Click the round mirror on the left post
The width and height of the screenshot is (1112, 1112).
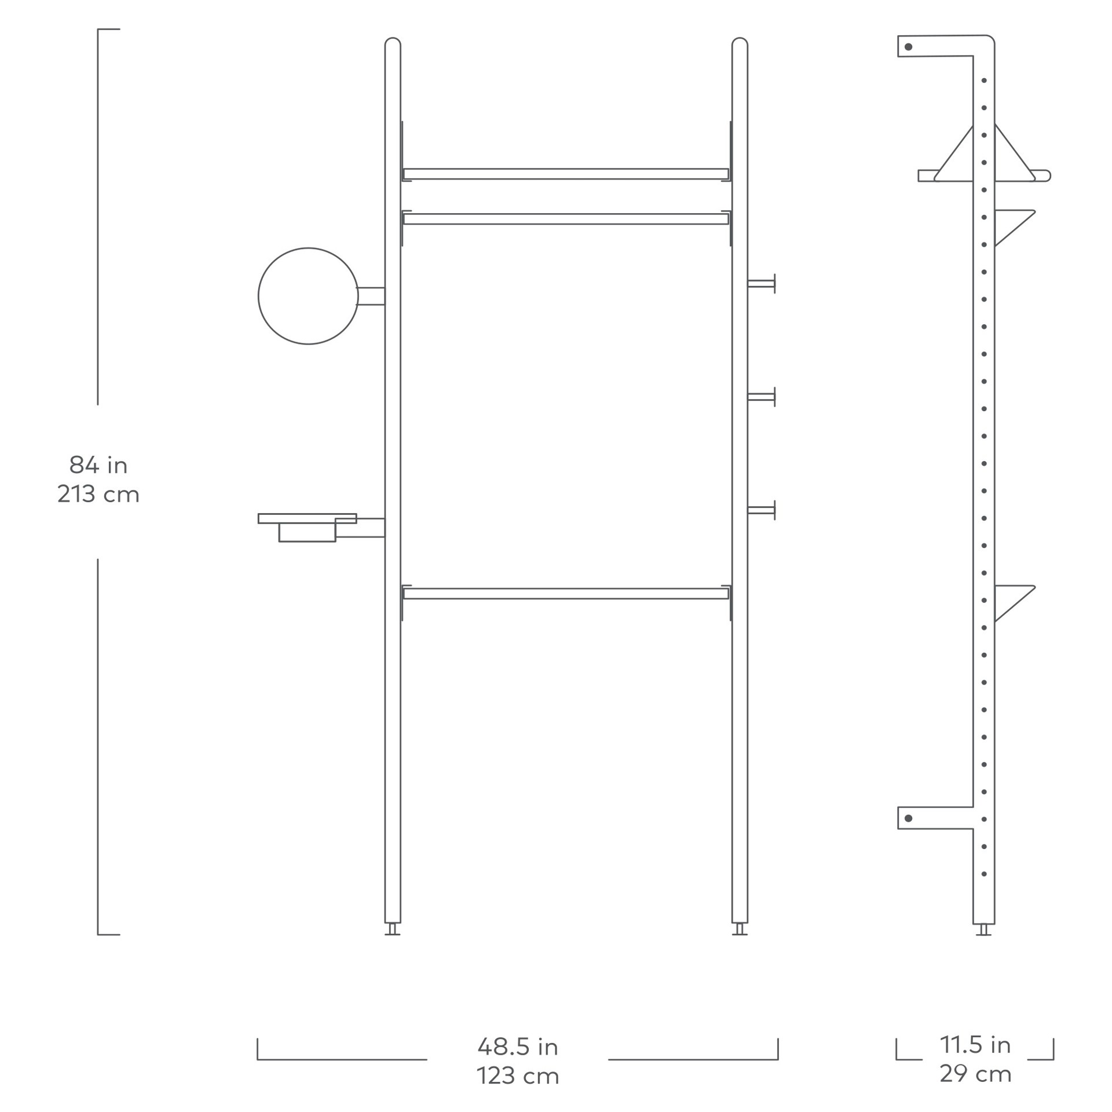point(308,296)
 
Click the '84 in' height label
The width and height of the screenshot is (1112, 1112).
point(98,464)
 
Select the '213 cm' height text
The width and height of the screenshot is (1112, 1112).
point(98,494)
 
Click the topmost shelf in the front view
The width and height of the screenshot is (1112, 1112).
point(565,174)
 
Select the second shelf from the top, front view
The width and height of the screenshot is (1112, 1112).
point(565,219)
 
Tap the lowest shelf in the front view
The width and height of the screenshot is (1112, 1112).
point(565,594)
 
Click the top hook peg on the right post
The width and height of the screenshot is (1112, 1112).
point(762,284)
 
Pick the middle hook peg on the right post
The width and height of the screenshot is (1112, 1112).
point(762,397)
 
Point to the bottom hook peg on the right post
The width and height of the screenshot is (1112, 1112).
point(762,510)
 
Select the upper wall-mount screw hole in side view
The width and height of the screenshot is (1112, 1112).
point(908,47)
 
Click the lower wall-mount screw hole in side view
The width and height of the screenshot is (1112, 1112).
point(908,818)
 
